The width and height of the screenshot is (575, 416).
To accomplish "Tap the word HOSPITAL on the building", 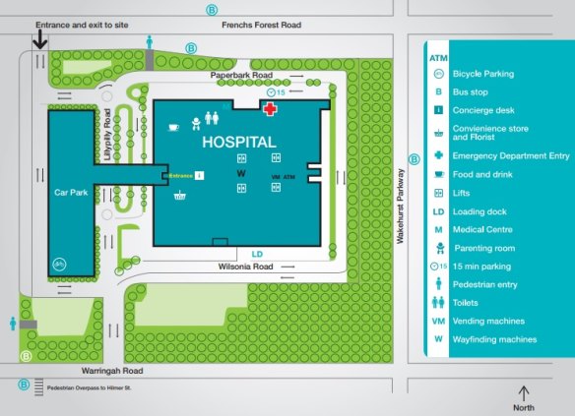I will click(x=238, y=142).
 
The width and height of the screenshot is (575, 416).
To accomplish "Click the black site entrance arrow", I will click(x=39, y=39).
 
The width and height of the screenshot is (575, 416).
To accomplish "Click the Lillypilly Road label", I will click(x=107, y=133).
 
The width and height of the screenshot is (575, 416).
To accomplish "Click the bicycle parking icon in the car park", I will click(x=59, y=263).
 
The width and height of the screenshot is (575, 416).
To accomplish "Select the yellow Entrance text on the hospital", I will click(x=181, y=175).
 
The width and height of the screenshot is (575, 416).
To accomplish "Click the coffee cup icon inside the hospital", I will click(x=172, y=126).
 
